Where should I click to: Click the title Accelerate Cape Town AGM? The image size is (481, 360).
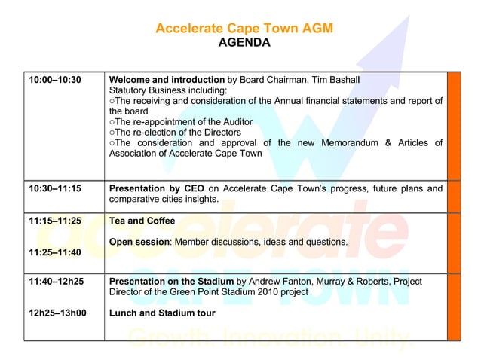point(244,29)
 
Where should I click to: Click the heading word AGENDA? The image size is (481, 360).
point(244,43)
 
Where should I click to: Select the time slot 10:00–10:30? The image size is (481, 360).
point(54,79)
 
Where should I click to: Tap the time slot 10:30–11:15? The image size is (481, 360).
point(54,188)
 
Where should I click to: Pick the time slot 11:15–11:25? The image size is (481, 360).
point(54,221)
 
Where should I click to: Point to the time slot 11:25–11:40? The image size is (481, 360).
point(54,253)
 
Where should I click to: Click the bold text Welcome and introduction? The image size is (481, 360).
point(167,79)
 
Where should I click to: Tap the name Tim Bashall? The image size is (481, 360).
point(332,79)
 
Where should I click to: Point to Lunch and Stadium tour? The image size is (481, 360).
point(162,313)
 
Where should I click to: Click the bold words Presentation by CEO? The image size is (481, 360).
point(157,188)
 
